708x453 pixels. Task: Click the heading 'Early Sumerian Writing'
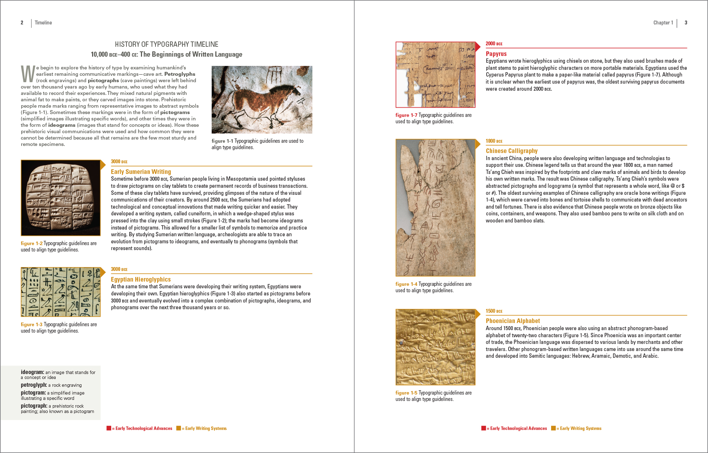[x=141, y=172]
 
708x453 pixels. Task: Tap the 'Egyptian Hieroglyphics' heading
[x=141, y=279]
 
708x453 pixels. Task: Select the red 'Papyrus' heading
[x=496, y=54]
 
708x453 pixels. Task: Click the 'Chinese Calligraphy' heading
[x=511, y=151]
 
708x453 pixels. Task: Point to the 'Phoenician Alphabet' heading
[x=512, y=321]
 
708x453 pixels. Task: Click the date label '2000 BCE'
[x=494, y=44]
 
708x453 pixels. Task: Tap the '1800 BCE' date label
[x=494, y=141]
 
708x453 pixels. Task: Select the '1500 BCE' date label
[x=494, y=311]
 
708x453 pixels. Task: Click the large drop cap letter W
[x=28, y=74]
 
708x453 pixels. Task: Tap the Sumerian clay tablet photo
[x=61, y=198]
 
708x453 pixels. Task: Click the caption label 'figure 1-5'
[x=406, y=393]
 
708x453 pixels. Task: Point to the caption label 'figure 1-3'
[x=32, y=324]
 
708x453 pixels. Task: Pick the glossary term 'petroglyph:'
[x=34, y=385]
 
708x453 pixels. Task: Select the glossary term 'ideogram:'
[x=32, y=372]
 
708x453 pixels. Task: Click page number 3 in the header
[x=686, y=23]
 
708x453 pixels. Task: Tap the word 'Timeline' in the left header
[x=43, y=23]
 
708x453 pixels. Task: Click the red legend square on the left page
[x=109, y=428]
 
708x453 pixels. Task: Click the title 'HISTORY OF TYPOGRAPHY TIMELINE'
[x=166, y=44]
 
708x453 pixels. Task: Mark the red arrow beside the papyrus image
[x=478, y=46]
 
